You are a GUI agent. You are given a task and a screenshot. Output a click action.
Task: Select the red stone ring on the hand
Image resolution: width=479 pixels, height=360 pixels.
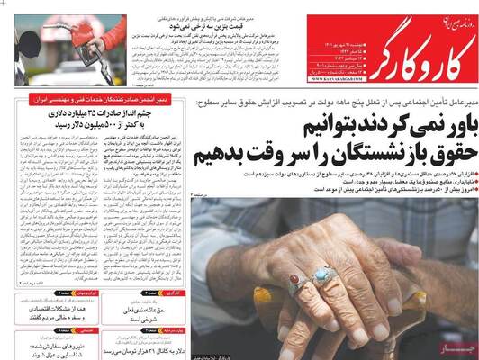tap(294, 282)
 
